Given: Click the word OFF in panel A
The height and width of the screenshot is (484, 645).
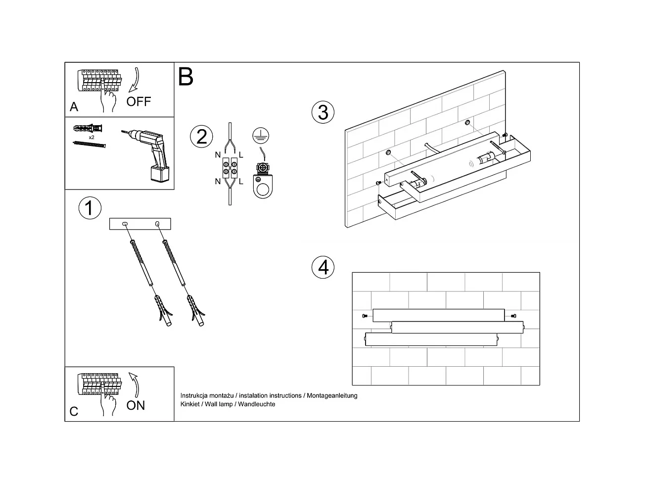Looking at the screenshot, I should pyautogui.click(x=138, y=101).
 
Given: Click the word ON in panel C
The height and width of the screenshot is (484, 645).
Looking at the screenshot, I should pyautogui.click(x=136, y=405).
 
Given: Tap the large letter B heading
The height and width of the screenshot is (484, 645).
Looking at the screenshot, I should pyautogui.click(x=185, y=77).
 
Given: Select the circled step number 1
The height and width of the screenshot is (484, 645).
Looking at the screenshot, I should pyautogui.click(x=90, y=208).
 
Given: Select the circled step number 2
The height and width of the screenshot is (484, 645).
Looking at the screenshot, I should pyautogui.click(x=201, y=137).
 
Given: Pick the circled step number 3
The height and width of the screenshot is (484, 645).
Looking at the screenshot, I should pyautogui.click(x=323, y=112).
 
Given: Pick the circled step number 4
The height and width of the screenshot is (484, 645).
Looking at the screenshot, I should pyautogui.click(x=323, y=267).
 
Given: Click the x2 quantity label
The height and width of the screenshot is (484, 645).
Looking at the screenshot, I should pyautogui.click(x=92, y=137).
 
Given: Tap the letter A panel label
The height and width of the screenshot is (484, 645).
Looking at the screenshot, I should pyautogui.click(x=74, y=107).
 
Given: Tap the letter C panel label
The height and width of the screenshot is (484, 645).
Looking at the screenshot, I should pyautogui.click(x=74, y=412).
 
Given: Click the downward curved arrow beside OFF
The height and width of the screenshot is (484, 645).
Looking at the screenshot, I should pyautogui.click(x=135, y=80).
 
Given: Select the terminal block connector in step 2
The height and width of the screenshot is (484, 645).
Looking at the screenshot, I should pyautogui.click(x=230, y=168).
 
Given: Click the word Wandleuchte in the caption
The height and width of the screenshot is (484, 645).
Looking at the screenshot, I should pyautogui.click(x=257, y=404).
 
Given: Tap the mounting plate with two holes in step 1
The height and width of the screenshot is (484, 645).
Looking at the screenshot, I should pyautogui.click(x=140, y=224).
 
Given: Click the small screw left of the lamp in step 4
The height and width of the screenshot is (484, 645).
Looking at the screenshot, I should pyautogui.click(x=365, y=315).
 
